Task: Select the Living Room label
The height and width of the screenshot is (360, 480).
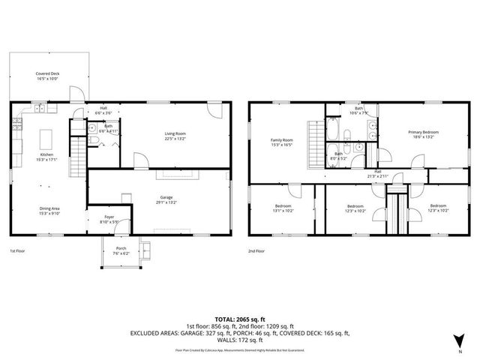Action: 175,136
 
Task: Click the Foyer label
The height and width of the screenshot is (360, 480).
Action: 109,218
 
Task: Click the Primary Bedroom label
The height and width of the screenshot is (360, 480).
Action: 423,134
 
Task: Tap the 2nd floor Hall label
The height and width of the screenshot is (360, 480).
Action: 379,172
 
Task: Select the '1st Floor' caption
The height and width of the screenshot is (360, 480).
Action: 17,251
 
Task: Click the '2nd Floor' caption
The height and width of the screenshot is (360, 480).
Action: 257,251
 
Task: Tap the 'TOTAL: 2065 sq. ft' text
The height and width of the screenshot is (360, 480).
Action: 239,319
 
